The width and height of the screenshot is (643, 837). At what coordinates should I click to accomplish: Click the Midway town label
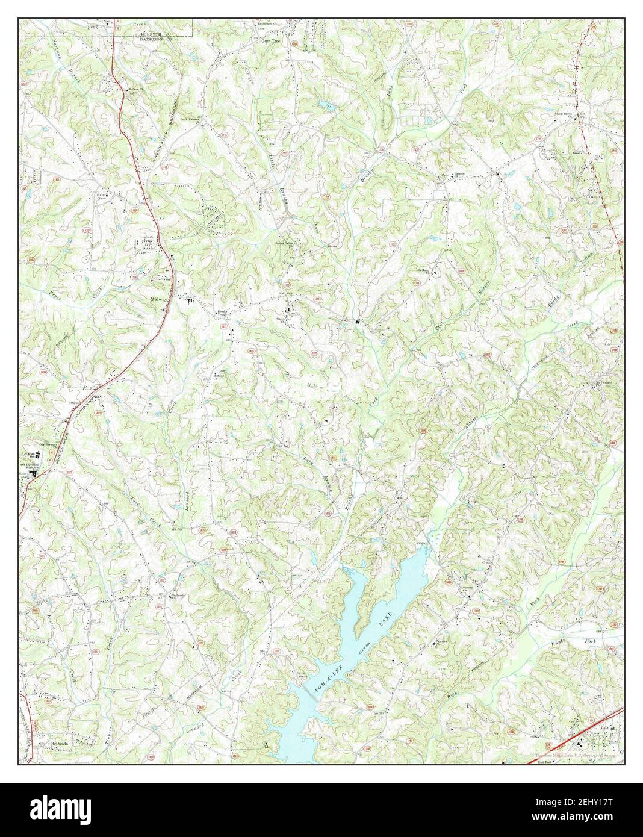click(x=160, y=298)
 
